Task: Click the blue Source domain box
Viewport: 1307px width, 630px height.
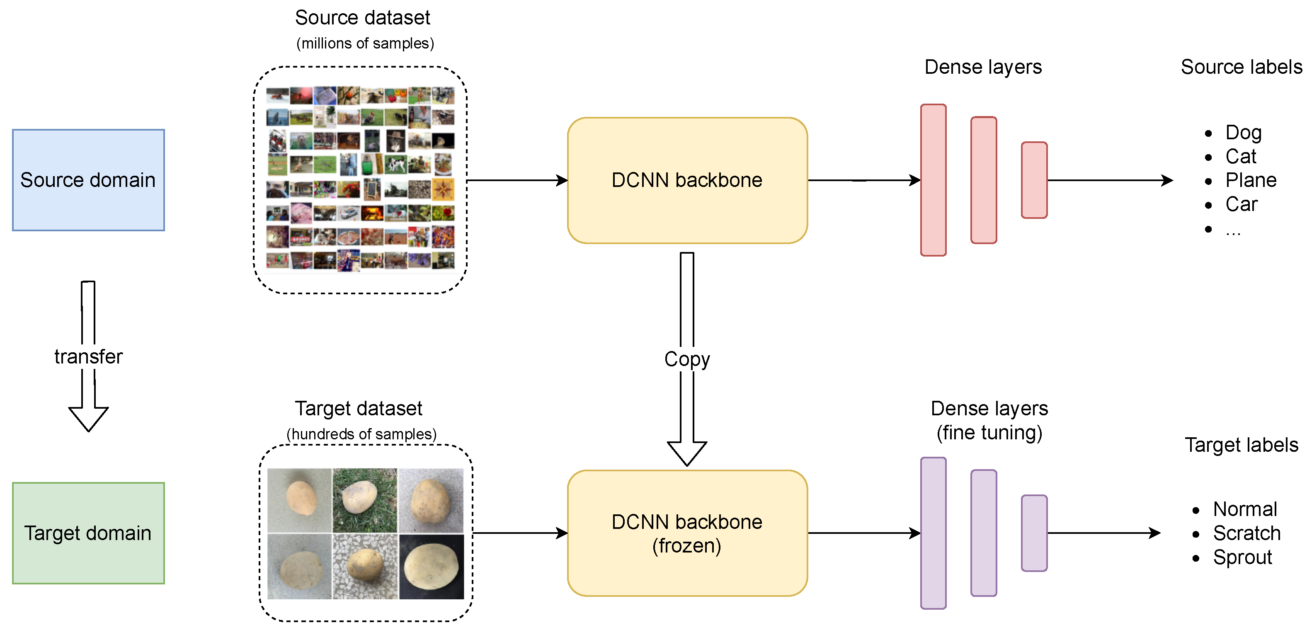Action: pyautogui.click(x=88, y=180)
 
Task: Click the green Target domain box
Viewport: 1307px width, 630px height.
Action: pyautogui.click(x=88, y=533)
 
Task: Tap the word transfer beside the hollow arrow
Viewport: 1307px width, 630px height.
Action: pyautogui.click(x=88, y=356)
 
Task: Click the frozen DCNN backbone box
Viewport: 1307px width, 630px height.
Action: pyautogui.click(x=687, y=533)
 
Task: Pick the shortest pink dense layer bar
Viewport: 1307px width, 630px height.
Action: pyautogui.click(x=1034, y=180)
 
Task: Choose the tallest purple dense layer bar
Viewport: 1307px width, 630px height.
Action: pyautogui.click(x=934, y=533)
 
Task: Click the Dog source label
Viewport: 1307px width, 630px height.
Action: pyautogui.click(x=1243, y=133)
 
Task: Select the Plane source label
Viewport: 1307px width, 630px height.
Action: pyautogui.click(x=1251, y=180)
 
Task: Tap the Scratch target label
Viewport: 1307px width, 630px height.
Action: pyautogui.click(x=1246, y=533)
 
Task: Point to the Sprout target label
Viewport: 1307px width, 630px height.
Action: pyautogui.click(x=1243, y=557)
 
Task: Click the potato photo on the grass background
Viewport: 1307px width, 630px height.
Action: pyautogui.click(x=365, y=500)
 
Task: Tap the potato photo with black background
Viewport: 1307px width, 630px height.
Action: pyautogui.click(x=431, y=567)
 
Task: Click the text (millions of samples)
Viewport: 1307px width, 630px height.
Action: pyautogui.click(x=365, y=44)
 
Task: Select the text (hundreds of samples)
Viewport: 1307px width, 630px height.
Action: pyautogui.click(x=361, y=434)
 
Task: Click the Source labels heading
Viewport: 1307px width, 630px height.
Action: pyautogui.click(x=1241, y=67)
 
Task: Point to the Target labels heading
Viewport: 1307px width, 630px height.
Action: pyautogui.click(x=1241, y=445)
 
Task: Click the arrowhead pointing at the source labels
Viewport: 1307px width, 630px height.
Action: pyautogui.click(x=1167, y=180)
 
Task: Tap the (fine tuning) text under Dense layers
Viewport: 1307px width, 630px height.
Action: pyautogui.click(x=989, y=433)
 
